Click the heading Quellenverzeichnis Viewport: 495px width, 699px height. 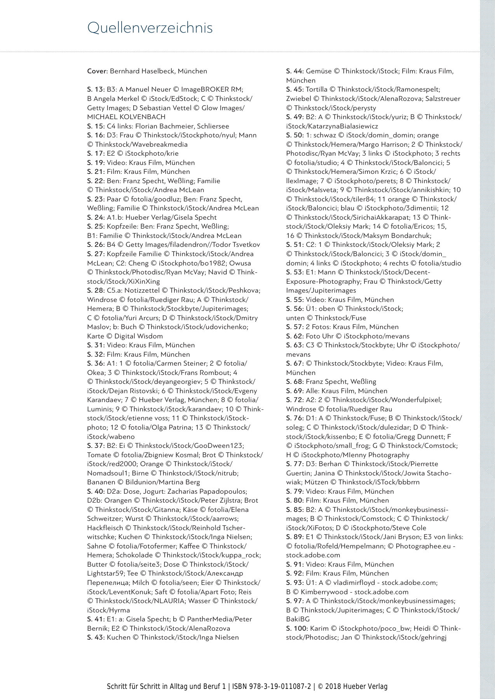pos(150,28)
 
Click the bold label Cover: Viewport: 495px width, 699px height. pos(97,71)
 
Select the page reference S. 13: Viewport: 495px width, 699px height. pos(96,89)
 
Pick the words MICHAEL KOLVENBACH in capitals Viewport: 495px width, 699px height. pos(126,117)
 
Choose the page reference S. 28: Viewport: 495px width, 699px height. pos(96,290)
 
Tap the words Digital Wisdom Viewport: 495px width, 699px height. pos(138,336)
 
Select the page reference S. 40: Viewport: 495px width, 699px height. pos(96,491)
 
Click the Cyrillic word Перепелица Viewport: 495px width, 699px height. pos(108,583)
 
